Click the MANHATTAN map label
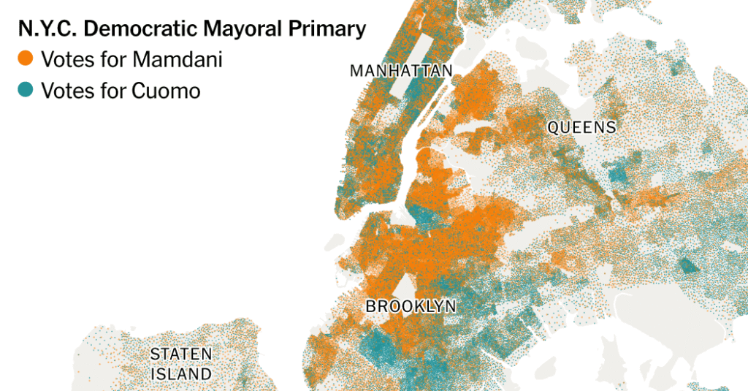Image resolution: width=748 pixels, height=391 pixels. (x=401, y=71)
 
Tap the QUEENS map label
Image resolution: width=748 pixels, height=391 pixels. (x=581, y=128)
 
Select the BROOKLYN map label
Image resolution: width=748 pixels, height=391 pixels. (x=411, y=306)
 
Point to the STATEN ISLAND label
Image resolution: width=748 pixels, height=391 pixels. (x=181, y=364)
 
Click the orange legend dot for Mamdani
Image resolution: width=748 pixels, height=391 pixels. (x=26, y=59)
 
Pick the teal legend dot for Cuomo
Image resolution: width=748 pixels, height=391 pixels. (x=26, y=91)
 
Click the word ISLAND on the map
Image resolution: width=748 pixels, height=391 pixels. (x=181, y=374)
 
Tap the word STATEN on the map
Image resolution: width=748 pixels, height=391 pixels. (x=181, y=354)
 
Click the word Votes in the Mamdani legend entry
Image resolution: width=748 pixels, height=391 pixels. (x=63, y=59)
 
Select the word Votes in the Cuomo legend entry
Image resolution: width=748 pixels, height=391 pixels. (x=63, y=91)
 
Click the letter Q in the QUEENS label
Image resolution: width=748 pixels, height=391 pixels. (x=554, y=128)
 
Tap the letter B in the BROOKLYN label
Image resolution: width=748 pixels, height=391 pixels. (x=371, y=306)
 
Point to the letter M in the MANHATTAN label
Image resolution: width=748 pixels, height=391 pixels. (x=356, y=71)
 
